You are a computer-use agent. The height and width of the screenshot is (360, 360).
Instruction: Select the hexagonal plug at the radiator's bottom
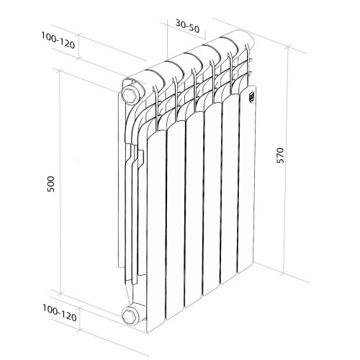(132, 314)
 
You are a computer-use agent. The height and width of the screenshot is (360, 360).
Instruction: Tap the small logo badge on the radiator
(251, 99)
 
